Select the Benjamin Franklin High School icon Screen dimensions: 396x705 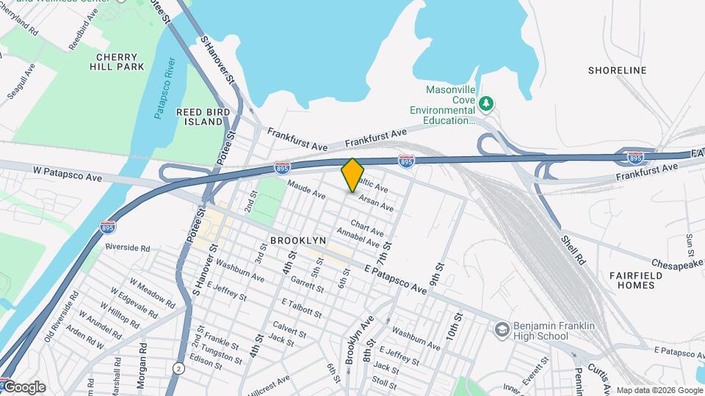point(502,329)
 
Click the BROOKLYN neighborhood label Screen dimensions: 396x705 point(297,241)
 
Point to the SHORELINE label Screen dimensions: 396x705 point(618,70)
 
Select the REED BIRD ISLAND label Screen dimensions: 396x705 point(203,117)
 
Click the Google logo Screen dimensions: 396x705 point(23,387)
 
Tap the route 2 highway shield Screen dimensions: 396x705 point(178,367)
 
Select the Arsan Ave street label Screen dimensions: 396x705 point(375,199)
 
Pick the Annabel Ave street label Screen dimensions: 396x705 point(358,238)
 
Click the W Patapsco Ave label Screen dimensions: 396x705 point(67,173)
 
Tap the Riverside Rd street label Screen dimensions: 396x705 point(127,248)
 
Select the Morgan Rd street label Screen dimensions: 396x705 point(141,373)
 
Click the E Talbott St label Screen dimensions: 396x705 point(301,307)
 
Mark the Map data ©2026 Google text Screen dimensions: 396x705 point(658,390)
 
